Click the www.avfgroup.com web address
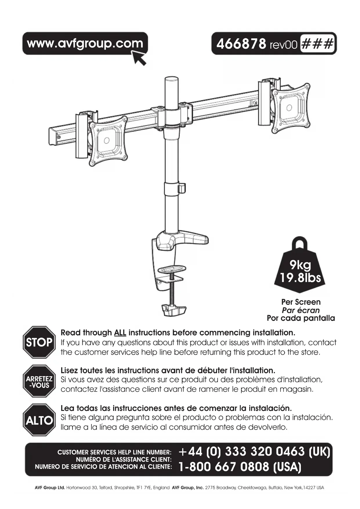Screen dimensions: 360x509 (x=85, y=43)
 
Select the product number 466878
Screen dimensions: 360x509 (x=241, y=44)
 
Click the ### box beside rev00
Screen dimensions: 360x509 (x=317, y=44)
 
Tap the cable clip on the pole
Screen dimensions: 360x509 (x=182, y=188)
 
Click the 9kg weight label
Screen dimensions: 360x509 (x=300, y=265)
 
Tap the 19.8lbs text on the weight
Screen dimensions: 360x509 (x=300, y=278)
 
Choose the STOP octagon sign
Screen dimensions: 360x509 (x=39, y=342)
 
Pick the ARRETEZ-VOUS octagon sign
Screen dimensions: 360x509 (x=39, y=381)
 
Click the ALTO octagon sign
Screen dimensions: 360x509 (x=39, y=420)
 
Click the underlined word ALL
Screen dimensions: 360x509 (x=120, y=333)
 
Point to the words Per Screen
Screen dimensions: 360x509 (x=301, y=302)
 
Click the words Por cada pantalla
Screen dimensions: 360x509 (x=301, y=318)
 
